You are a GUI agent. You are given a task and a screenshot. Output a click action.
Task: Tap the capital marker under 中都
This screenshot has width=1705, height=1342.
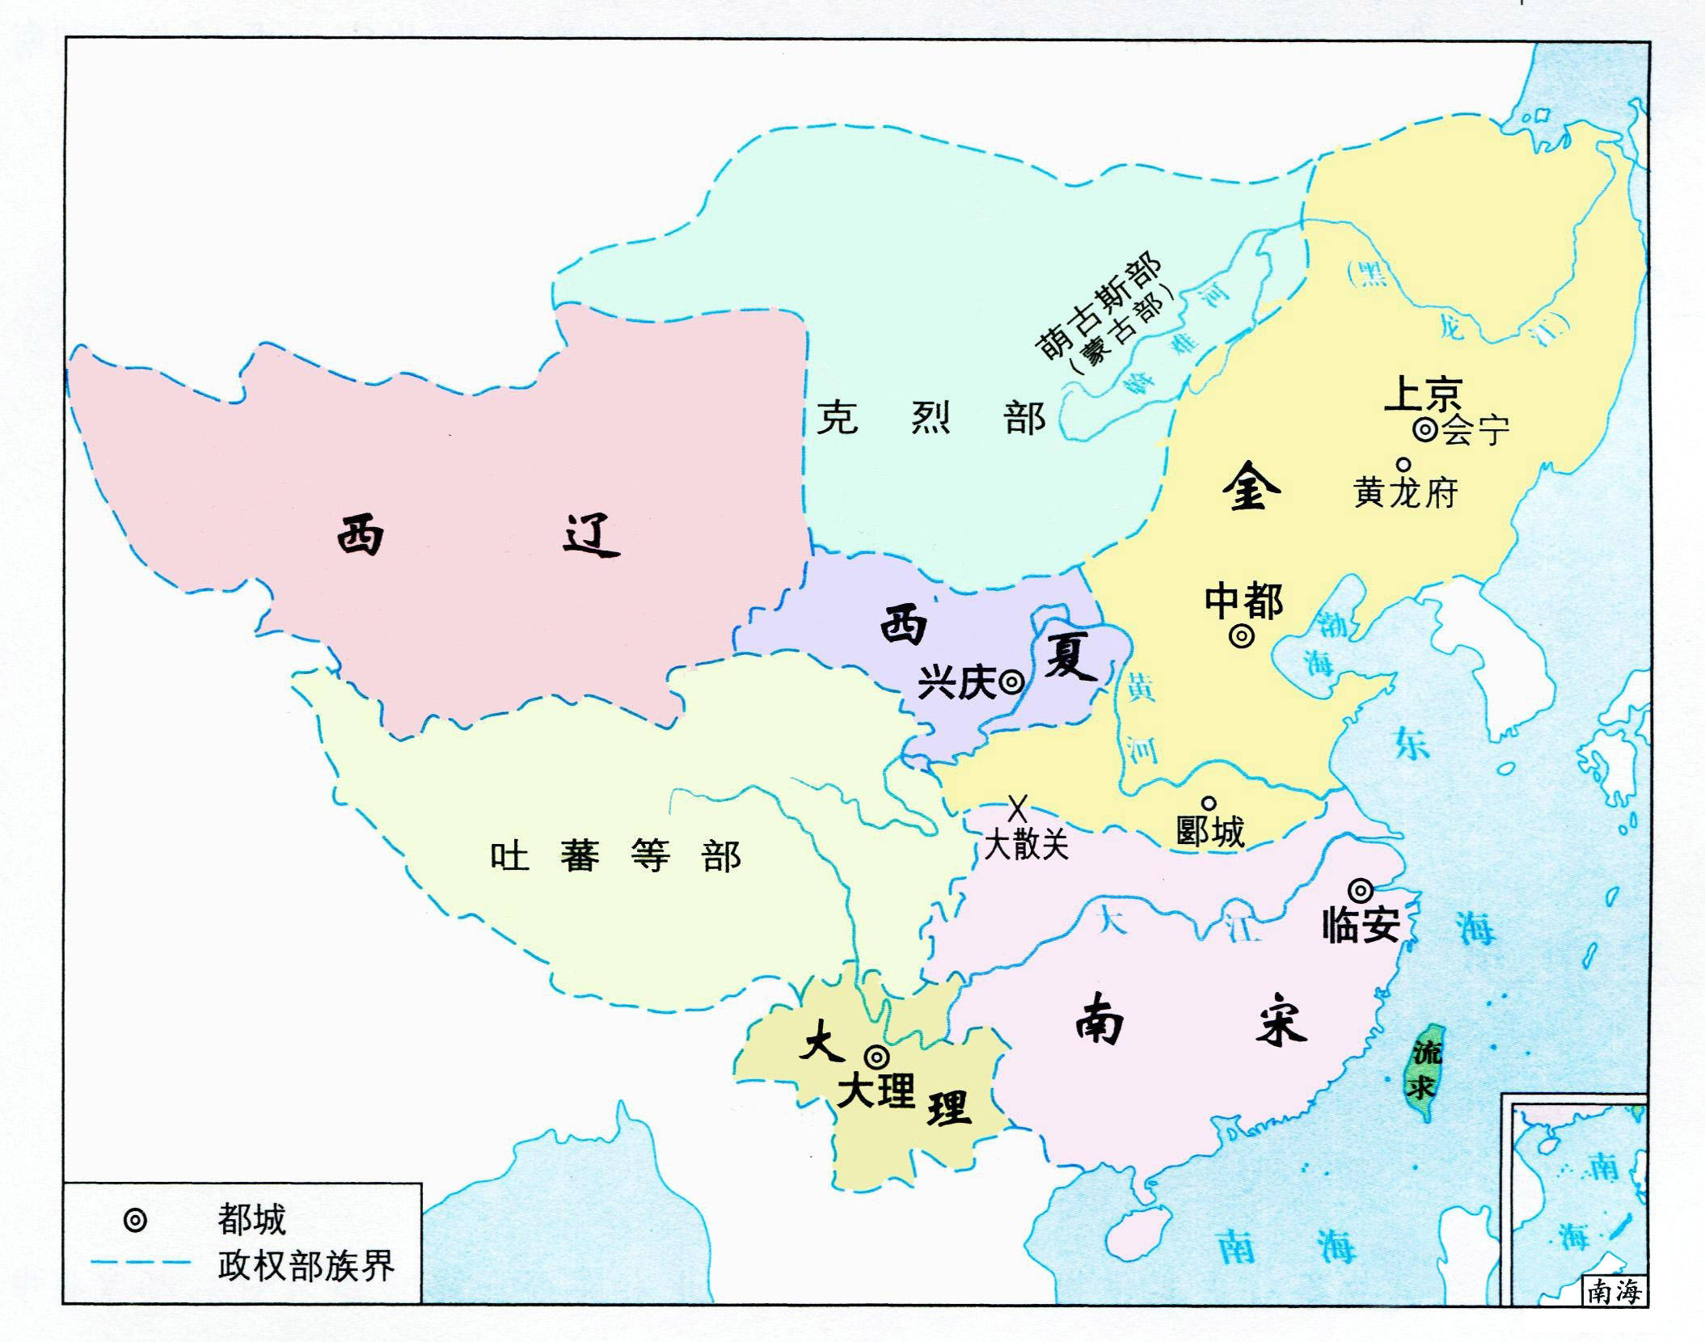(1242, 636)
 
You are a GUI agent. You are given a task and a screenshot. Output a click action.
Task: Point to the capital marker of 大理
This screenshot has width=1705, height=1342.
(877, 1057)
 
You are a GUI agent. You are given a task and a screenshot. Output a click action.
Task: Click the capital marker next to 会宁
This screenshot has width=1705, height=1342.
(1425, 429)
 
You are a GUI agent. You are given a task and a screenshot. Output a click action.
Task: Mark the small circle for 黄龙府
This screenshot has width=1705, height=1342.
(1403, 464)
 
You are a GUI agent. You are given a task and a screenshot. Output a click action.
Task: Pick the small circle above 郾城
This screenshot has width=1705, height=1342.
(1209, 804)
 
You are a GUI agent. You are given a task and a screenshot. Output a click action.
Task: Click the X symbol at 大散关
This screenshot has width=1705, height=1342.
(1017, 808)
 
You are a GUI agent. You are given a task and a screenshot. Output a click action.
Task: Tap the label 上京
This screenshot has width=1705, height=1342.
(1423, 395)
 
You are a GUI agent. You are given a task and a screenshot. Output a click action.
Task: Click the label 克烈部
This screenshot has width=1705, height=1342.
(931, 419)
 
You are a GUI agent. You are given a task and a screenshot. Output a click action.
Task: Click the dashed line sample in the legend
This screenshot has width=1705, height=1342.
(141, 1264)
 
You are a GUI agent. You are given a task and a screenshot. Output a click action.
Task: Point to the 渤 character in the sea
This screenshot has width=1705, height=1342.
(1331, 623)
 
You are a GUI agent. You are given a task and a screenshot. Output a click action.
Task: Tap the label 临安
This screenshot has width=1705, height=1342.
(1361, 925)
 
